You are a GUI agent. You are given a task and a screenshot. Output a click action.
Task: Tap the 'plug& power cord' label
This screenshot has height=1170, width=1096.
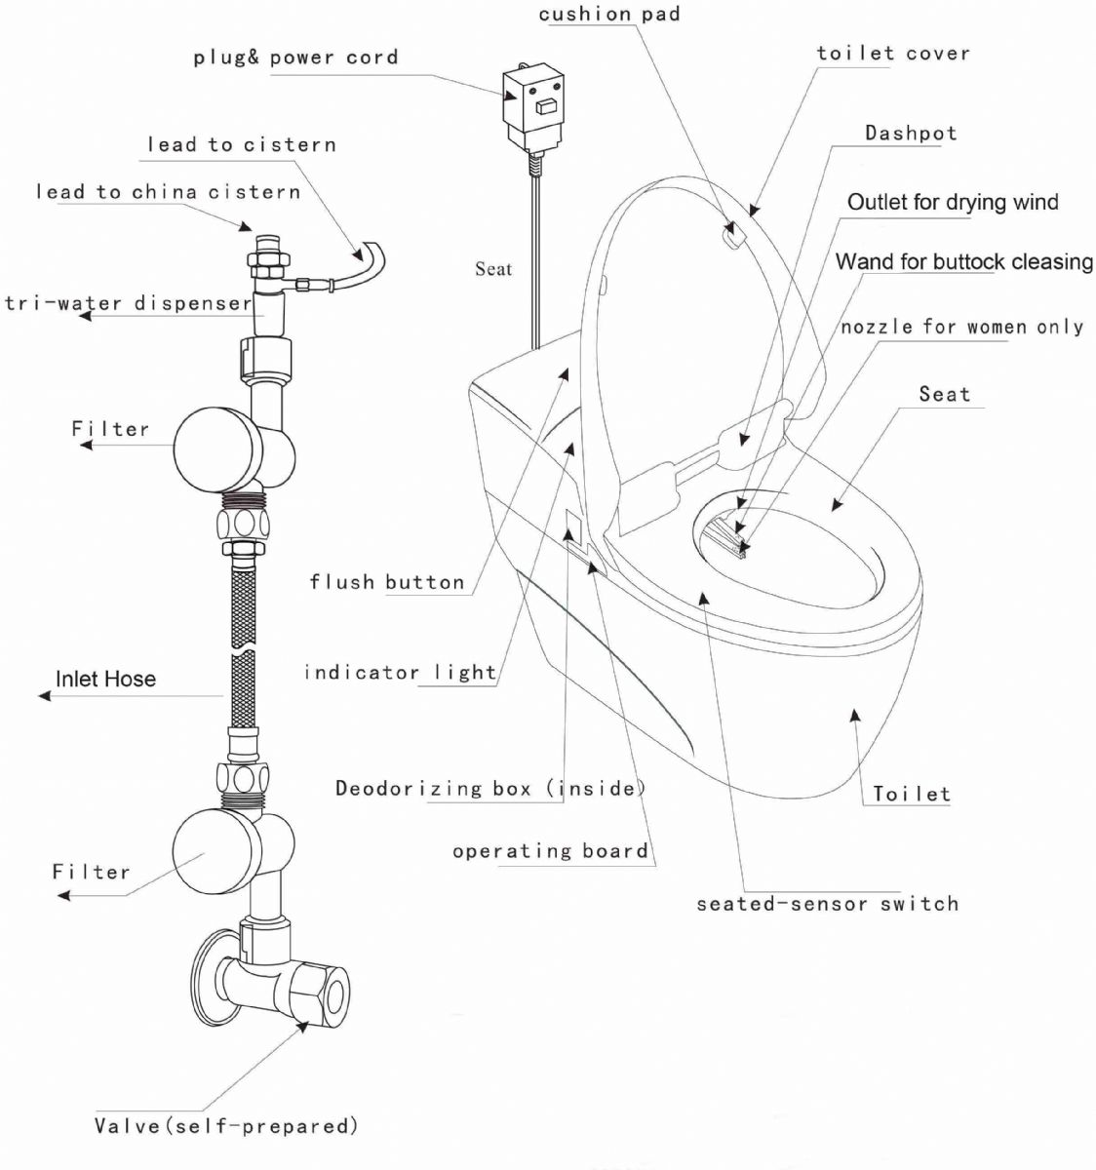(x=295, y=58)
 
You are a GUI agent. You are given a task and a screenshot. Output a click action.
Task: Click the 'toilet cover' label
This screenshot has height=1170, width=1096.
(x=893, y=54)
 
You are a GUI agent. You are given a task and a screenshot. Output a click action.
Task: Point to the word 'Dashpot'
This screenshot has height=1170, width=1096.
(x=911, y=133)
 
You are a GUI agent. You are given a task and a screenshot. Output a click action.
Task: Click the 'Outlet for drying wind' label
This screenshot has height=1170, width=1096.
(x=953, y=202)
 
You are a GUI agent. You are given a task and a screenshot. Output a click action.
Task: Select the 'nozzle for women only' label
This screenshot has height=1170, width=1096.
(x=961, y=327)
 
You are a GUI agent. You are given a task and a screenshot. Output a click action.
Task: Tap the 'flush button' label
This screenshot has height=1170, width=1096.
(x=387, y=582)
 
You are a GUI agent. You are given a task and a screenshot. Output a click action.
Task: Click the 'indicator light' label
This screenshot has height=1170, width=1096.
(x=400, y=672)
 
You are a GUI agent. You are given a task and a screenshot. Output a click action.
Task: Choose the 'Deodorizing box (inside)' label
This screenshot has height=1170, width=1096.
(x=490, y=788)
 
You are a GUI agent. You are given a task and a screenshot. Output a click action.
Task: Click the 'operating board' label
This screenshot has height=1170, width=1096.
(x=550, y=851)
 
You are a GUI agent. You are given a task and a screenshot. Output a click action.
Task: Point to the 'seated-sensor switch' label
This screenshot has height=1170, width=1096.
(x=827, y=904)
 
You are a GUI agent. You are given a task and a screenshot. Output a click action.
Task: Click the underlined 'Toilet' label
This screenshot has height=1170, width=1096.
(x=911, y=794)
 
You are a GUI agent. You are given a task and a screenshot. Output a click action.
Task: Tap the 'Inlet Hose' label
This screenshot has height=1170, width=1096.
(x=105, y=679)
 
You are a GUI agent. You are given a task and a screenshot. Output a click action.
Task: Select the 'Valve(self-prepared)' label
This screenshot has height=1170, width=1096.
(x=226, y=1126)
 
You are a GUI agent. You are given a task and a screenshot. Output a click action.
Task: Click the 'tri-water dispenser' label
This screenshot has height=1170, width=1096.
(x=129, y=303)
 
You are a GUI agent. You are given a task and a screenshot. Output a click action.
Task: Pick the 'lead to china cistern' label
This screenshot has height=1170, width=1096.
(x=168, y=191)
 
